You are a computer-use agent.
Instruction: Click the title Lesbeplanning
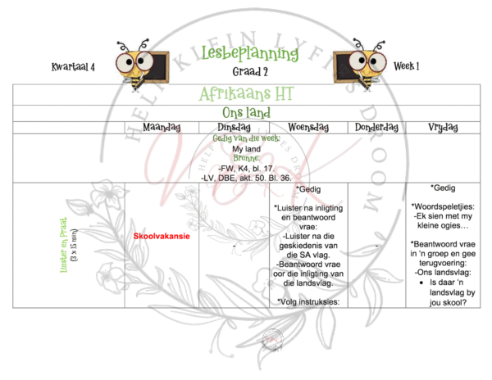(x=249, y=53)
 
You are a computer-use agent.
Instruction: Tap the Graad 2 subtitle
(x=249, y=70)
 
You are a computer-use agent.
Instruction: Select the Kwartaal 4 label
(x=73, y=66)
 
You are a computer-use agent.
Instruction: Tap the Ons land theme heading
(x=249, y=111)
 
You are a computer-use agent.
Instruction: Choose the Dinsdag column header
(x=235, y=127)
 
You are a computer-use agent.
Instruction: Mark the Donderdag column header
(x=376, y=127)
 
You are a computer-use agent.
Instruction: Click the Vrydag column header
(x=443, y=127)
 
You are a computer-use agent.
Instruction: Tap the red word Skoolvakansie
(x=162, y=236)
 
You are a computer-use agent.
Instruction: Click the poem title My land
(x=246, y=149)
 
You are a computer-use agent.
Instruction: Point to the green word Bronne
(x=246, y=158)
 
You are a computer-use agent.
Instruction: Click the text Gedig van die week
(x=246, y=138)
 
